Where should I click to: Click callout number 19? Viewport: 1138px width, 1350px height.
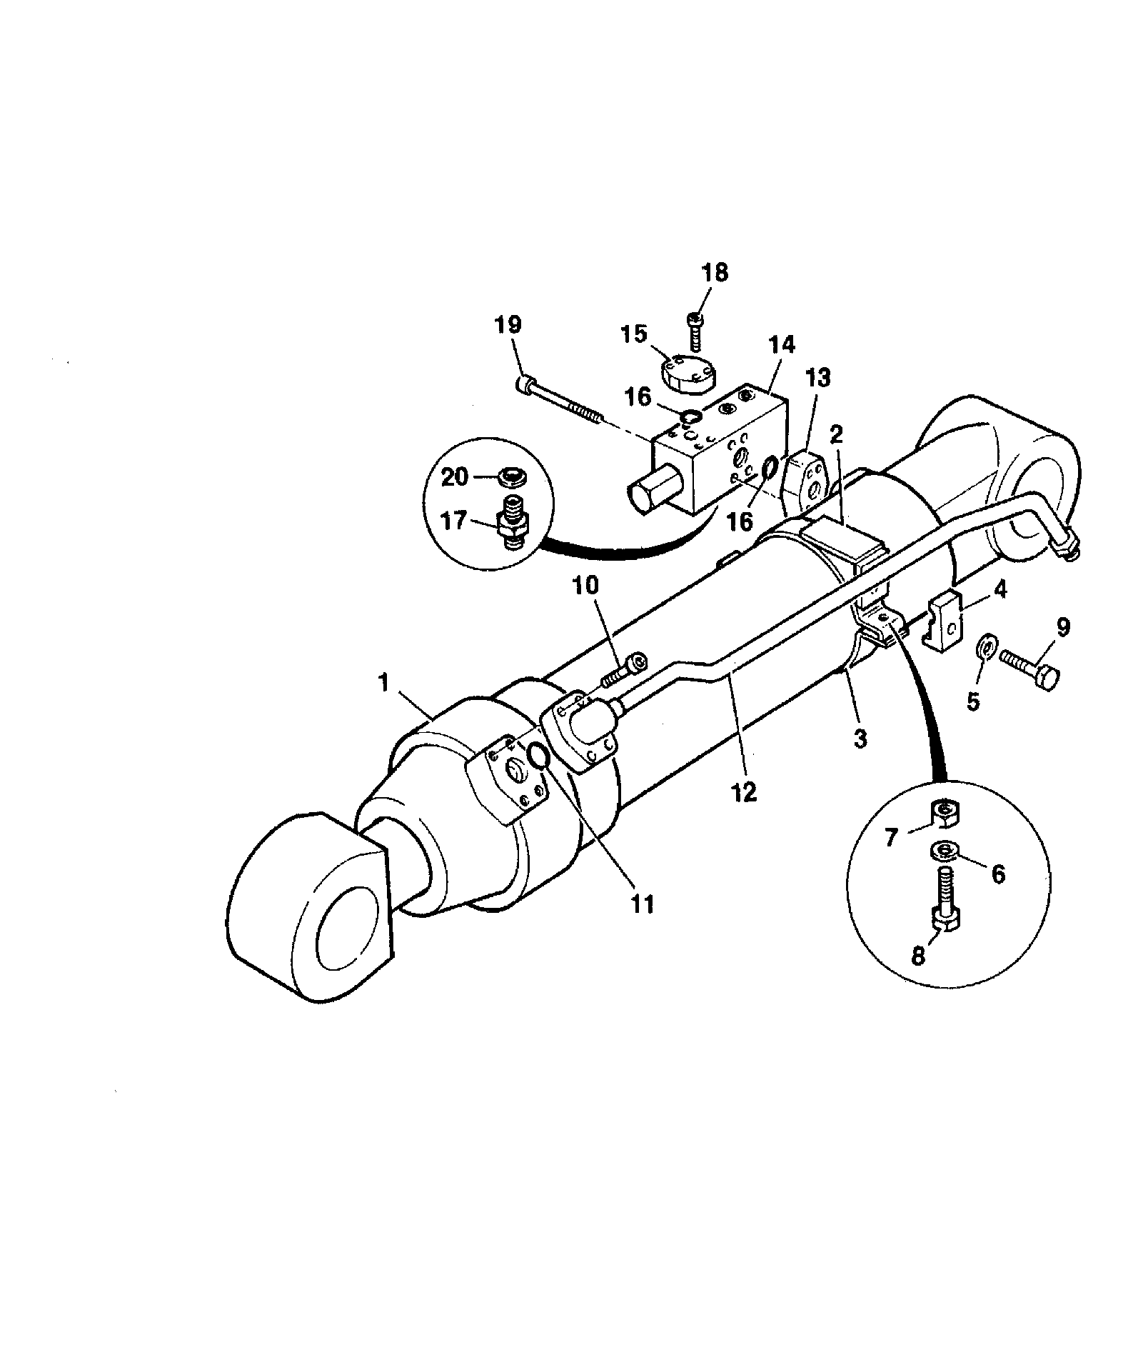coord(508,326)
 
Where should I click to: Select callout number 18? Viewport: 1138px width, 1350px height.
coord(715,272)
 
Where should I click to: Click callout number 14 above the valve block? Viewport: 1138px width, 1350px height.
coord(782,345)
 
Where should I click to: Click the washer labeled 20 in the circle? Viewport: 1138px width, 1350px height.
coord(508,475)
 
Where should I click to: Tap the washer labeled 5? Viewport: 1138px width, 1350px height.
coord(985,648)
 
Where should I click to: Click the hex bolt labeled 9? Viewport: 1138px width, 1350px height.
coord(1029,666)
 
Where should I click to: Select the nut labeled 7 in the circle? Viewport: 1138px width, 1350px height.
coord(945,814)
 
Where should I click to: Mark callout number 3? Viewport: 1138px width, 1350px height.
coord(860,739)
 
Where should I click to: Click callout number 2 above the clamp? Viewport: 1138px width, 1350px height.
coord(836,434)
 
